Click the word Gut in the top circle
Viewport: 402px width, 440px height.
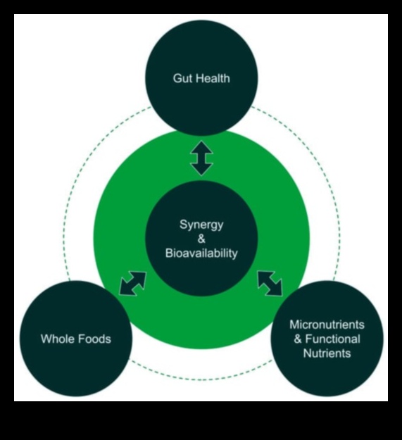(182, 78)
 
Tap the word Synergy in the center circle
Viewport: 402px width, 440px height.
(201, 225)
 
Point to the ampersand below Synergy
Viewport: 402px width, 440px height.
(201, 239)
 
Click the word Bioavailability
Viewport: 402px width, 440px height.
(201, 253)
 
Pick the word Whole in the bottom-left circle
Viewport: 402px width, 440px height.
(57, 339)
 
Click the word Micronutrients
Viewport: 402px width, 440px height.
(327, 325)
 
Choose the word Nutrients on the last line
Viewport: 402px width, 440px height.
(327, 353)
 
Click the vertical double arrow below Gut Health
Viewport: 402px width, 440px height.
(201, 157)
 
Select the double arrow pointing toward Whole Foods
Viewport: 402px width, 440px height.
(132, 283)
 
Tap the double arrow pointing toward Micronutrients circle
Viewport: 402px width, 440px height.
(270, 283)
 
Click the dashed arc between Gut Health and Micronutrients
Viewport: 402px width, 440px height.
(310, 162)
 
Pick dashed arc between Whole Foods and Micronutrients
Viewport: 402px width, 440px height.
(201, 370)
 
